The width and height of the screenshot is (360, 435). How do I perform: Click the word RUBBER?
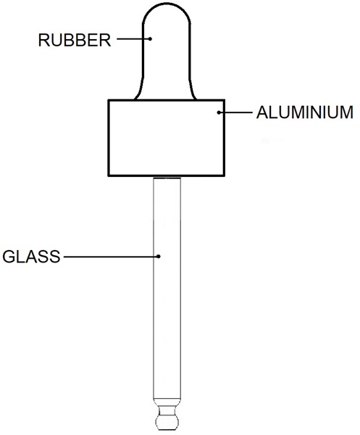pos(75,40)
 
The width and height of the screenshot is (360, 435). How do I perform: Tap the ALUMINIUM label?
pos(304,112)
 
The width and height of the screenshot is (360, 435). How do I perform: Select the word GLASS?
pos(31,257)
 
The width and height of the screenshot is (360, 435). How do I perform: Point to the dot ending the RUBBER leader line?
pos(150,39)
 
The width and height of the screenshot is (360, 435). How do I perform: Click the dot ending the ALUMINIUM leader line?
pos(219,112)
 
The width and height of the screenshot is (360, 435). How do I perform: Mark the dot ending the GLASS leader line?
pos(158,257)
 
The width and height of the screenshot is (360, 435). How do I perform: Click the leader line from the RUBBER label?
pos(133,39)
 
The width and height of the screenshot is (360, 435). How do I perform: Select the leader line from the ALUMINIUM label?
pos(235,112)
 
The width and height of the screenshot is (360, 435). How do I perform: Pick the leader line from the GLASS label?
pos(111,257)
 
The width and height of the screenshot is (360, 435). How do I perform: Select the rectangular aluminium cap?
pos(167,138)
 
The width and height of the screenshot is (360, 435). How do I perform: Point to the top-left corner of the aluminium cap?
pos(109,100)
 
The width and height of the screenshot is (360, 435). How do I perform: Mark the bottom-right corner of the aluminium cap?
pos(225,175)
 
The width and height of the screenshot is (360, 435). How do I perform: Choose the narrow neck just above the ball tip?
pos(167,410)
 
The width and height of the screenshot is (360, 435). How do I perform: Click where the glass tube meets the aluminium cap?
pos(167,177)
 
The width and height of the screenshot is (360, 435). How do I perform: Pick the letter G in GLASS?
pos(9,257)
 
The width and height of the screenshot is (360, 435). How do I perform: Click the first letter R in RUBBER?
pos(43,40)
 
